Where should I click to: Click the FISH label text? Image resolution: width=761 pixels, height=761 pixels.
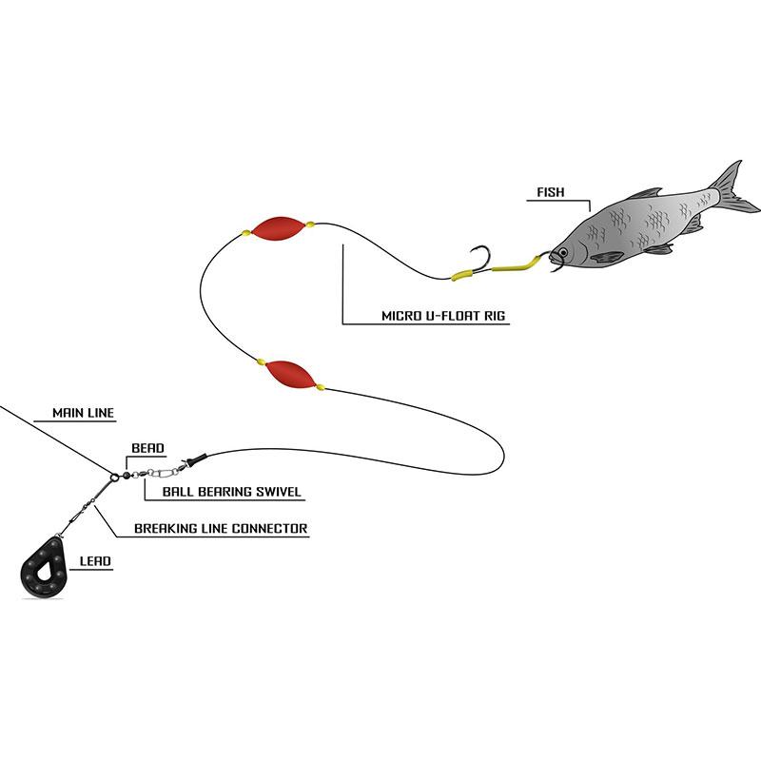pos(551,192)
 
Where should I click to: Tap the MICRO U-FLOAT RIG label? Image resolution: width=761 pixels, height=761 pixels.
pos(443,316)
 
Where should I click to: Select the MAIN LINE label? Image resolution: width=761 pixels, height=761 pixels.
pos(83,413)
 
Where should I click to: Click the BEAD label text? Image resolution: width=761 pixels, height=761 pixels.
pos(147,448)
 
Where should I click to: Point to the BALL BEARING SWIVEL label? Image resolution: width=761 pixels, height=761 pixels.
pos(231,492)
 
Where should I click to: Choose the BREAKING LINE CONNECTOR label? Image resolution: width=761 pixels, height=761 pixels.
pos(221,529)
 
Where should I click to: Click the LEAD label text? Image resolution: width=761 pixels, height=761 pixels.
pos(95,561)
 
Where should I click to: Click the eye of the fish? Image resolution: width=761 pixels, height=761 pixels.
pos(563,252)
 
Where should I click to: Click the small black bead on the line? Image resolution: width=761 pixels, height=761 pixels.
pos(127,475)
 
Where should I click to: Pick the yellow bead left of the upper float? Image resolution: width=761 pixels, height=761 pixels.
pos(246,233)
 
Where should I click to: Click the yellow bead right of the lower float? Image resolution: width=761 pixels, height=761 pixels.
pos(321,387)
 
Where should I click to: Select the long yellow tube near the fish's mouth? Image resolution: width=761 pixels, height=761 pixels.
pos(517,264)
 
